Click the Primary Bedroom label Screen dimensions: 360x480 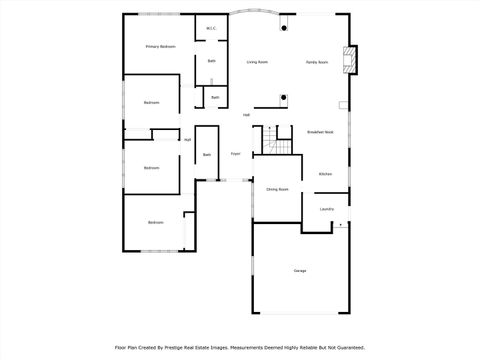point(160,46)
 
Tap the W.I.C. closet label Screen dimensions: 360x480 point(211,28)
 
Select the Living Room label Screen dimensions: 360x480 point(257,62)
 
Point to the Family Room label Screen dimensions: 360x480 point(317,62)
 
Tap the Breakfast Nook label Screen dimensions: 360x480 point(320,132)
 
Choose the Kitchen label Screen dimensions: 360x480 point(325,174)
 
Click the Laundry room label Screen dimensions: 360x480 point(326,209)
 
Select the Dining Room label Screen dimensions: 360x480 point(277,189)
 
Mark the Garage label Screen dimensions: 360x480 point(300,271)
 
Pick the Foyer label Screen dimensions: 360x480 point(236,154)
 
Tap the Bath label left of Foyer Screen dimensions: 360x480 point(207,155)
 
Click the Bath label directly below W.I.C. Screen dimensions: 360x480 point(211,62)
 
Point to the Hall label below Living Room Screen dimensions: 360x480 point(246,115)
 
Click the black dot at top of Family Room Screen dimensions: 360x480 point(283,27)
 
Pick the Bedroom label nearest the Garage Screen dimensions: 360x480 point(156,222)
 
